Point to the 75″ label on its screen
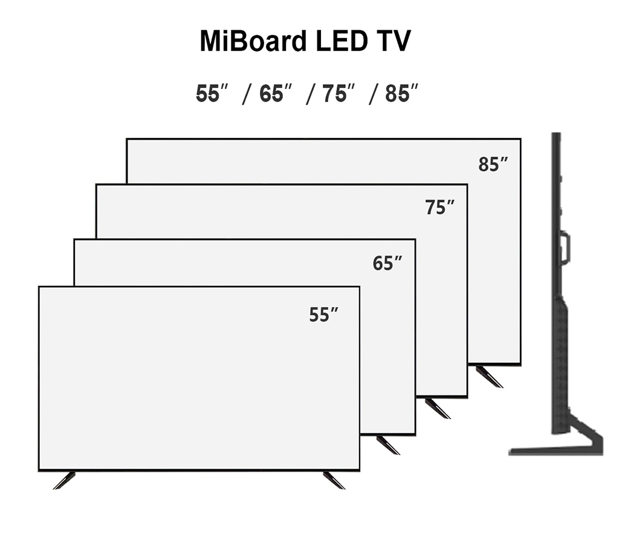[439, 207]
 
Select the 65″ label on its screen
[387, 264]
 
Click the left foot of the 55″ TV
[64, 480]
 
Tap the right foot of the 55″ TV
[334, 480]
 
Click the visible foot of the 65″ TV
[387, 444]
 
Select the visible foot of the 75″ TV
[438, 408]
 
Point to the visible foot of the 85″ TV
[489, 376]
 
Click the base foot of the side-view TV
[556, 449]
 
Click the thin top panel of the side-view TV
[556, 181]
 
